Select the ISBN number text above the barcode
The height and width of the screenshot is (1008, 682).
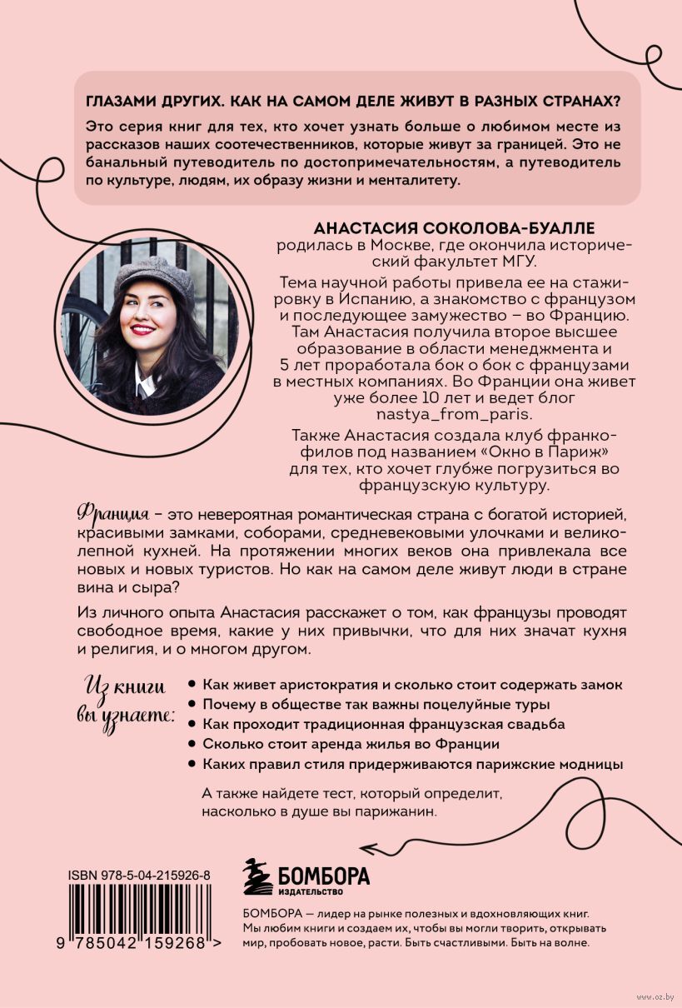coord(139,876)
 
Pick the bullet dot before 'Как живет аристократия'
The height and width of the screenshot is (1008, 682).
coord(192,683)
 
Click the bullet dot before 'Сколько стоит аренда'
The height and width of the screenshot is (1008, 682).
coord(192,743)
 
